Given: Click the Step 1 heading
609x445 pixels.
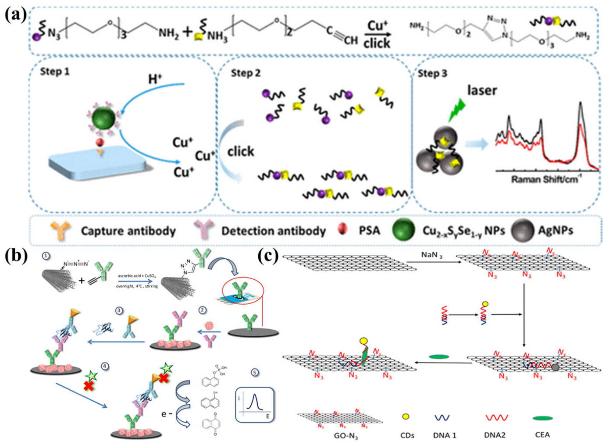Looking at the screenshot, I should click(x=55, y=71).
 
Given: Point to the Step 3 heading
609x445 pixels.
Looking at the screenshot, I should click(x=432, y=73).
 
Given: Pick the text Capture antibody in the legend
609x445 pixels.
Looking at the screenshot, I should click(x=128, y=231).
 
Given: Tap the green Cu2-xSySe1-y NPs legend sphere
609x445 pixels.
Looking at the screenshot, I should click(x=403, y=230).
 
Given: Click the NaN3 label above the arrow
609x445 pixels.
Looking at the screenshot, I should click(x=432, y=255).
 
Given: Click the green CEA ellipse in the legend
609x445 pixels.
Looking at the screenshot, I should click(x=542, y=418).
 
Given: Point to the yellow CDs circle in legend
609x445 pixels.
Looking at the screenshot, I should click(x=406, y=417).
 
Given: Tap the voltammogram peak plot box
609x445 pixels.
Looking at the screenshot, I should click(x=255, y=405).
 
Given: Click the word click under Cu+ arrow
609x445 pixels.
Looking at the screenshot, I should click(x=377, y=43).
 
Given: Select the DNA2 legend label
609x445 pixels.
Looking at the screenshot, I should click(x=495, y=434).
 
